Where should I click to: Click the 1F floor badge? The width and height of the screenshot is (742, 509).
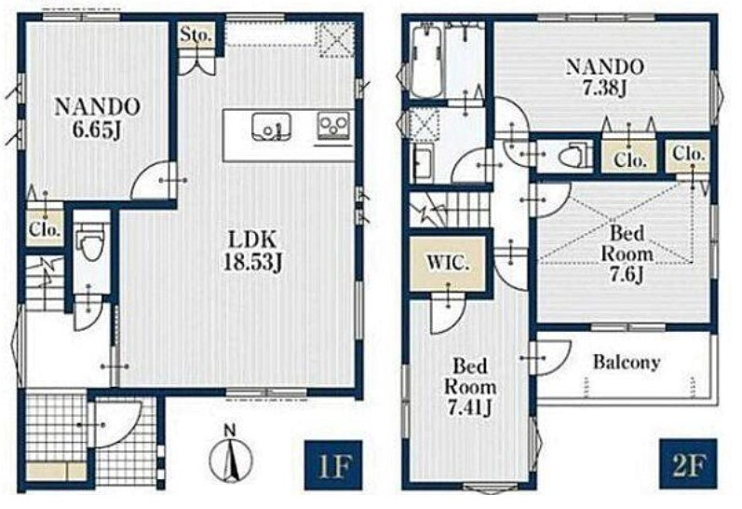point(333,465)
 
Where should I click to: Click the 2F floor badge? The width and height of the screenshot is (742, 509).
point(689,464)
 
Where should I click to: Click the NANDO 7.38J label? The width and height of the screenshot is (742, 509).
point(605,76)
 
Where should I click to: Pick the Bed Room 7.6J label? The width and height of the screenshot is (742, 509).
point(627,254)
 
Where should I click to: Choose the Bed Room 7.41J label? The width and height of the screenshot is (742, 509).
point(470,387)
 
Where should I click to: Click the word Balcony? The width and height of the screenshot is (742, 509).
point(627,363)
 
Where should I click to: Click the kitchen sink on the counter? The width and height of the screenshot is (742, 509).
point(271,127)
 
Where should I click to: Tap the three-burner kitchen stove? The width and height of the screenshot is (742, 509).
point(333,125)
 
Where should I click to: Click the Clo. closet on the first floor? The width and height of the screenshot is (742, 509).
point(45,229)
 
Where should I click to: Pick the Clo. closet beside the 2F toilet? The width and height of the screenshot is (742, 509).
point(629,157)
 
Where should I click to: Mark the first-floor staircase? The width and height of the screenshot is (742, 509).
point(45,283)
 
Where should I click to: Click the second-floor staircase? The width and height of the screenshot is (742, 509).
point(450,210)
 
